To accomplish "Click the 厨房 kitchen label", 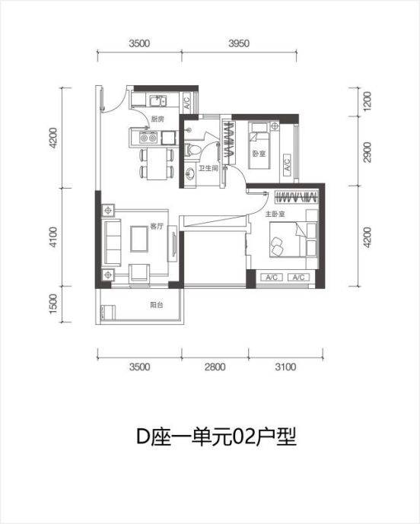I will [x=157, y=120].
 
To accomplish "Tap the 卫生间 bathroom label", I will [x=210, y=169].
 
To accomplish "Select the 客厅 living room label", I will [x=157, y=226].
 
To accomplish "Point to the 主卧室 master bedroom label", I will [x=275, y=214].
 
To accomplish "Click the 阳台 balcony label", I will [x=156, y=304].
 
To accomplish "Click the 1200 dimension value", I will [x=367, y=101].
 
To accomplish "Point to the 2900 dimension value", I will [x=367, y=152].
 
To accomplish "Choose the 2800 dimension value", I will [x=216, y=367].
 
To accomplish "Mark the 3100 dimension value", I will [x=287, y=367].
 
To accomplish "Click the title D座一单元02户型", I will [x=210, y=437].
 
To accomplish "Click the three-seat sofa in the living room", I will [x=112, y=240].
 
